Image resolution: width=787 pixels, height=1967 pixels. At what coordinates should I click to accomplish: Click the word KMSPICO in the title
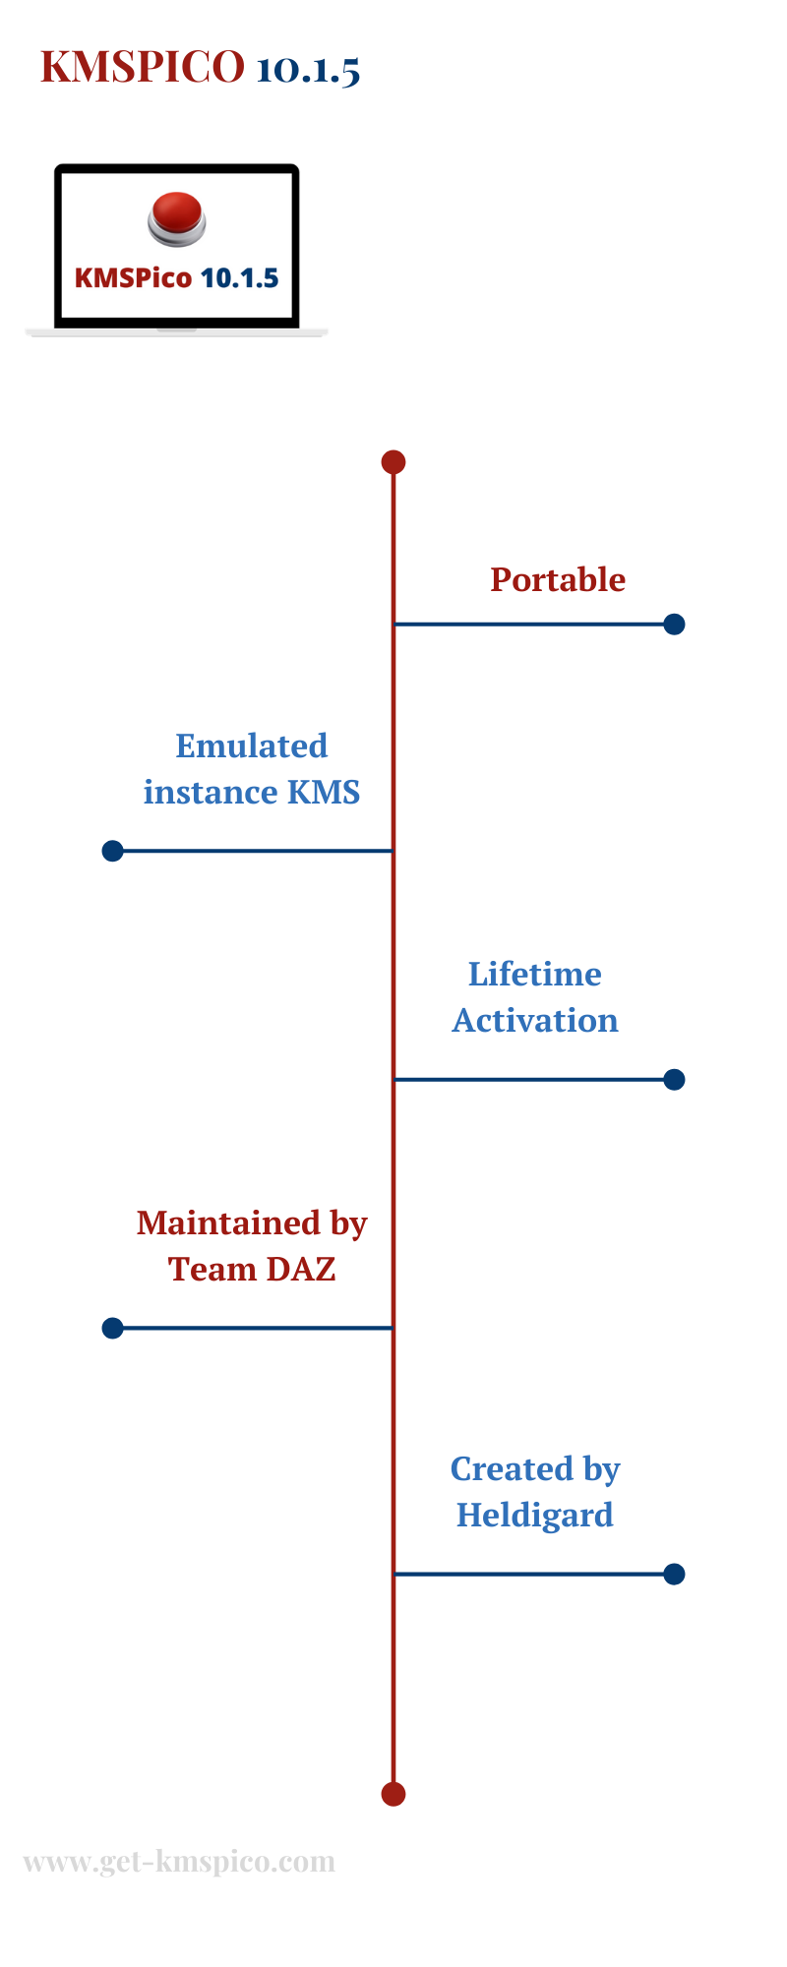click(143, 67)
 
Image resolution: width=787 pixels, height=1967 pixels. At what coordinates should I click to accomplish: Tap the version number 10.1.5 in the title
click(308, 69)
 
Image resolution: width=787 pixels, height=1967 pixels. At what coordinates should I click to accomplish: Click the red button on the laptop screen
click(177, 218)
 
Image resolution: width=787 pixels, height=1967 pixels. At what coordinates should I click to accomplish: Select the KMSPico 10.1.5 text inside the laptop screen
click(177, 277)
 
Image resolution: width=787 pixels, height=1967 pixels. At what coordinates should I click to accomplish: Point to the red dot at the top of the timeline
click(393, 461)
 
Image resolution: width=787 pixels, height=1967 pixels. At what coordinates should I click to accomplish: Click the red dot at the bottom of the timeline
click(393, 1794)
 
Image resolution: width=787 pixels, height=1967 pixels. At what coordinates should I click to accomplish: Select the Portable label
click(558, 580)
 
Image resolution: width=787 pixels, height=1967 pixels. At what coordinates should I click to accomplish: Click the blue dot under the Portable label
click(674, 624)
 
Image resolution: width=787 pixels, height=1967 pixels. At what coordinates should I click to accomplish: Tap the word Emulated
click(252, 745)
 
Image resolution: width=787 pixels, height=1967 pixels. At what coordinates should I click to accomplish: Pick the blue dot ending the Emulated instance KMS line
click(113, 851)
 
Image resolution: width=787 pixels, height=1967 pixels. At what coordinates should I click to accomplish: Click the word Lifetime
click(535, 974)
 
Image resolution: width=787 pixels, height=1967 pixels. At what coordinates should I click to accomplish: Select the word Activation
click(535, 1020)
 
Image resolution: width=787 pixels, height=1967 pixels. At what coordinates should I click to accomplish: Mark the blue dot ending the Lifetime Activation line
click(674, 1079)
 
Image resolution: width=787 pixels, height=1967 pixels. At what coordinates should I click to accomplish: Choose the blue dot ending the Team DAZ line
click(113, 1328)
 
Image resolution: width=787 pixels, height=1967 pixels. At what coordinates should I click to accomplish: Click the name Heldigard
click(535, 1516)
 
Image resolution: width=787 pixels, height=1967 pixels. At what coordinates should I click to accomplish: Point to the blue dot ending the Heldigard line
click(674, 1574)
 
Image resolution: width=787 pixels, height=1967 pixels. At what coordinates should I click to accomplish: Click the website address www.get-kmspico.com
click(179, 1862)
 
